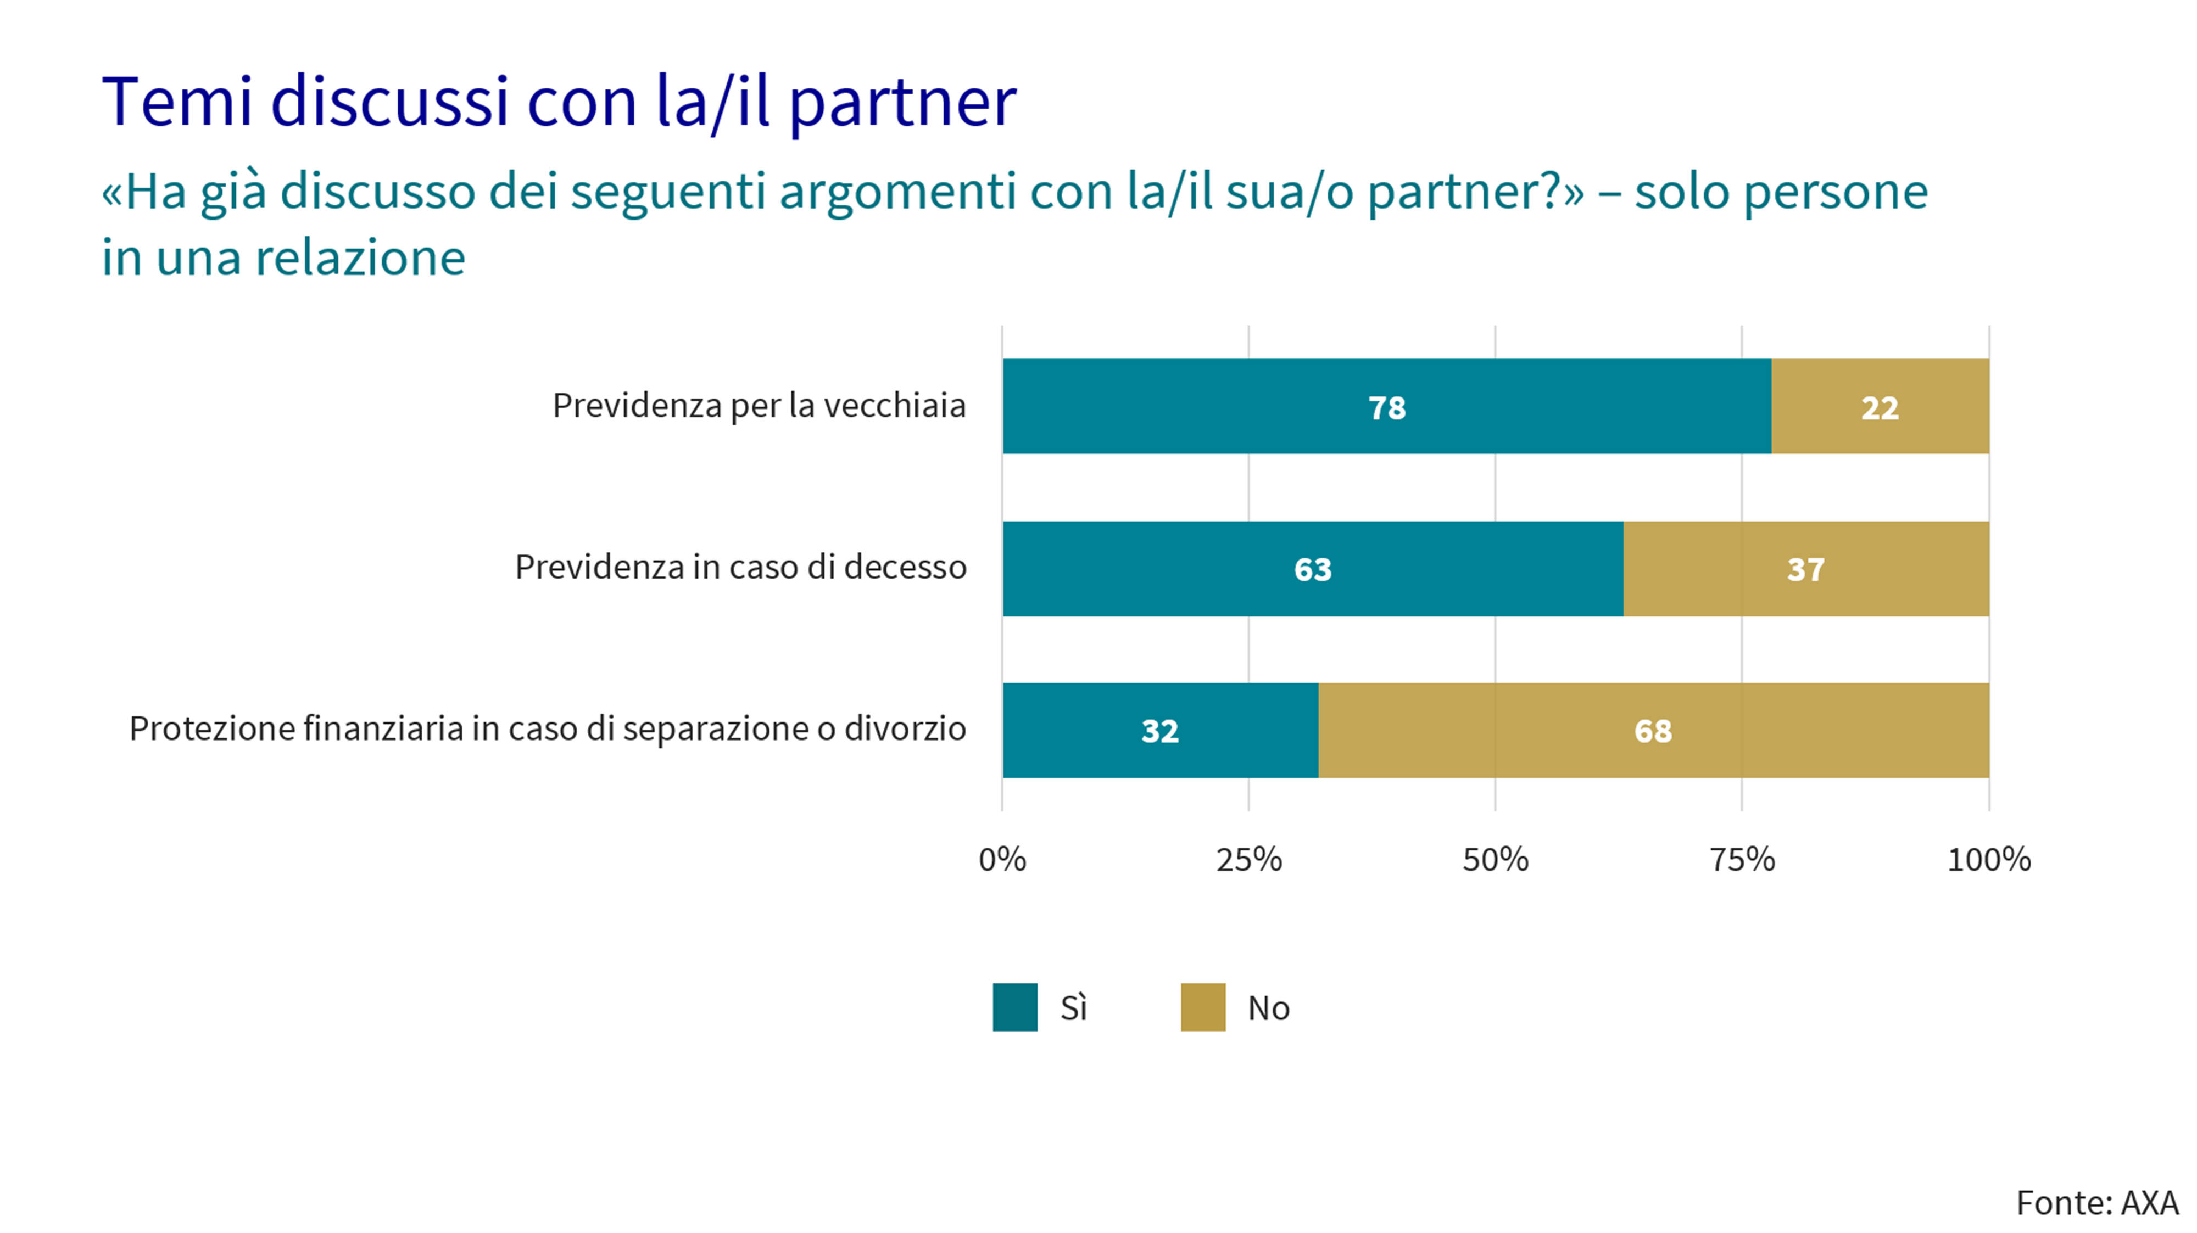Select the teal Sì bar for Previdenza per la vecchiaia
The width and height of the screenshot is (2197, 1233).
click(x=1279, y=406)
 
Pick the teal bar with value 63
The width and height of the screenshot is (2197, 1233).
click(x=1194, y=569)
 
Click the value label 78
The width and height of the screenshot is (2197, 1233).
click(x=1387, y=407)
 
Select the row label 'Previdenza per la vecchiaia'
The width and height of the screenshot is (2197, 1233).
click(x=759, y=406)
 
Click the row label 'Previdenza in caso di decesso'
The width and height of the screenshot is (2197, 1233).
click(x=740, y=568)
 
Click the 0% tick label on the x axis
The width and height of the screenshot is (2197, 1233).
click(x=1002, y=860)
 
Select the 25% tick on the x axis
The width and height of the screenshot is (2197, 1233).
click(x=1248, y=860)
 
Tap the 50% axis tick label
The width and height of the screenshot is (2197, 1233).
click(x=1495, y=860)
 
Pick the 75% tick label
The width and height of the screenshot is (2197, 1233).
click(x=1742, y=860)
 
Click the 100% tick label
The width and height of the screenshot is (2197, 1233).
click(x=1989, y=860)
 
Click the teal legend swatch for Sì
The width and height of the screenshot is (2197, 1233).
click(x=1015, y=1007)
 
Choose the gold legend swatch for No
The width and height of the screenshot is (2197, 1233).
click(x=1202, y=1007)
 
